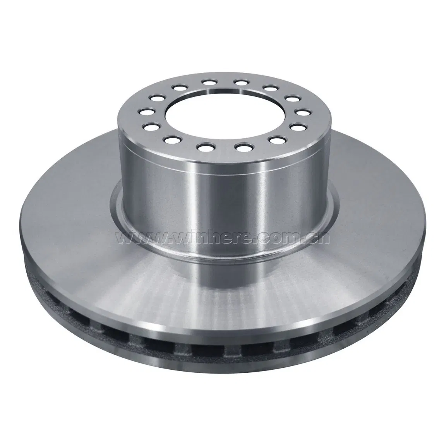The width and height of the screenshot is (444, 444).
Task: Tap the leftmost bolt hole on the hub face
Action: click(146, 112)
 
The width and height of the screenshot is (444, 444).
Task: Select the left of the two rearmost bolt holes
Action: click(209, 83)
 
